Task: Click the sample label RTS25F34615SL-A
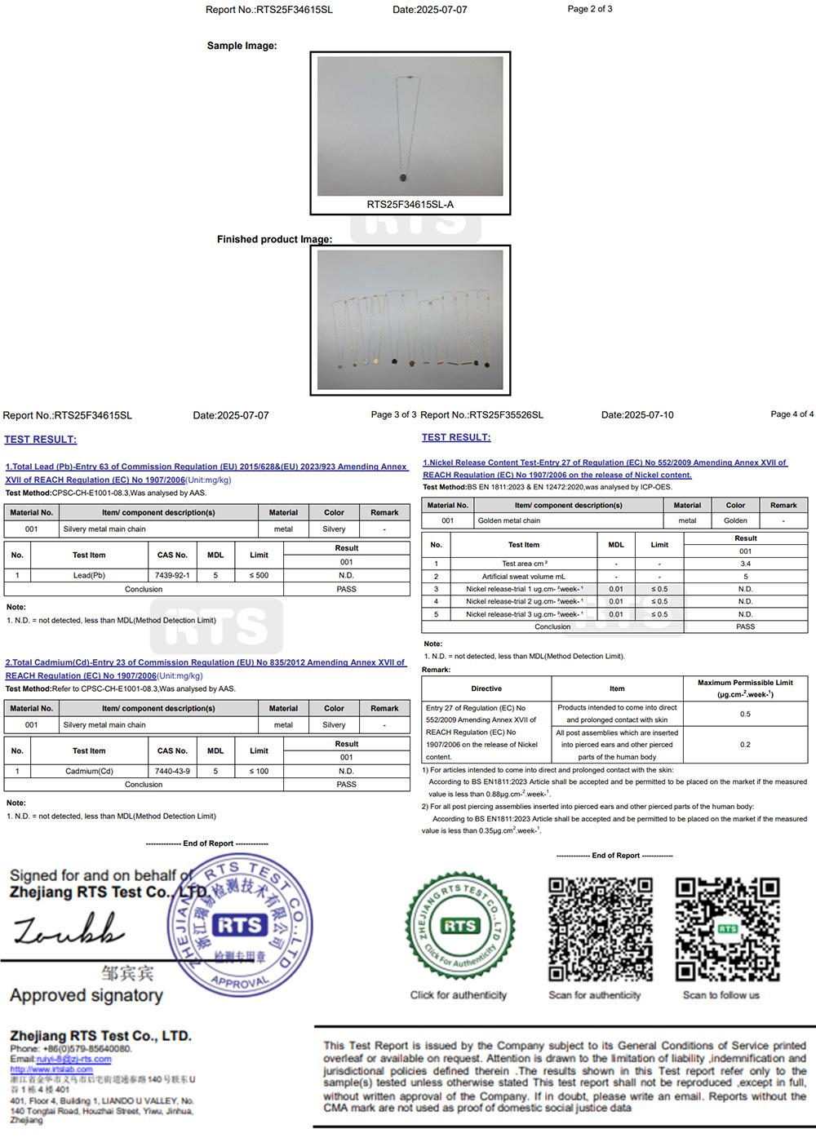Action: click(x=410, y=205)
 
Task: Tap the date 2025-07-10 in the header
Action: click(x=637, y=415)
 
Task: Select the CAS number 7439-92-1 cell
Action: click(x=172, y=575)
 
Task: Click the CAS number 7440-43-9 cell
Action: click(x=172, y=771)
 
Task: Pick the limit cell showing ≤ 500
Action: click(x=259, y=575)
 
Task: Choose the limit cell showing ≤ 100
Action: click(x=259, y=771)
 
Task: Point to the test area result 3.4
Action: click(x=745, y=564)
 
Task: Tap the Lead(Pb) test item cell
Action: click(x=89, y=575)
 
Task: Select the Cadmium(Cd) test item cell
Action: click(x=89, y=771)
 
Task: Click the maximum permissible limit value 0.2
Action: click(x=745, y=745)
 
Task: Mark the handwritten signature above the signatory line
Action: click(x=69, y=929)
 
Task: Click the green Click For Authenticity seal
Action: click(x=459, y=927)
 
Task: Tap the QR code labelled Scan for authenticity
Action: click(x=600, y=929)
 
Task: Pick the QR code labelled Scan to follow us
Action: click(x=726, y=929)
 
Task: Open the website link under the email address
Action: click(x=51, y=1069)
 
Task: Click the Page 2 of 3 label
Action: click(x=589, y=9)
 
